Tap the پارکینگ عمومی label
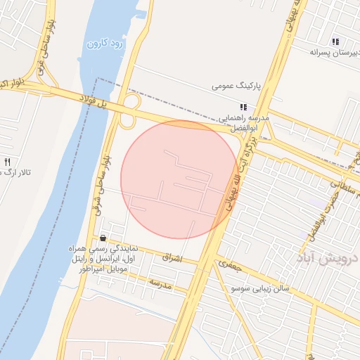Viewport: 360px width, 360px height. tap(236, 86)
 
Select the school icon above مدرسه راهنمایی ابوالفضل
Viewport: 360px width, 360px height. tap(243, 107)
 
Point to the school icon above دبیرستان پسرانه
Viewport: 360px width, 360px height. tap(335, 41)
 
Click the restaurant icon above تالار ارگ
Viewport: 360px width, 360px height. tap(7, 161)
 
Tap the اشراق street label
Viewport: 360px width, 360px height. tap(172, 258)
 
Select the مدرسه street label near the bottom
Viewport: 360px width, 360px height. tap(160, 282)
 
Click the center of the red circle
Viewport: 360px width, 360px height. tap(179, 179)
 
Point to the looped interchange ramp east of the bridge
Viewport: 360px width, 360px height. tap(128, 112)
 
